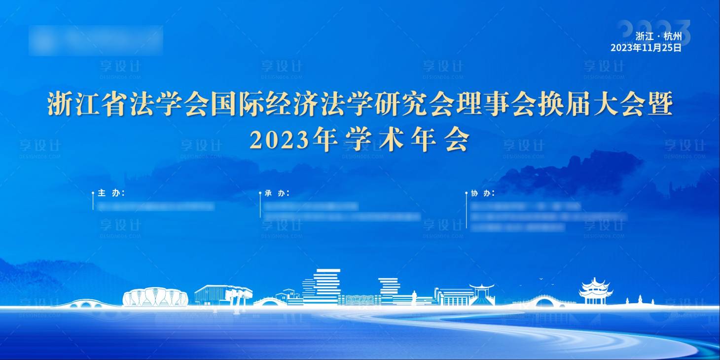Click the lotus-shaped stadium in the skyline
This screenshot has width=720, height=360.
click(x=155, y=297)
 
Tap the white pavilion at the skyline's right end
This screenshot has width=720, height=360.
click(x=595, y=291)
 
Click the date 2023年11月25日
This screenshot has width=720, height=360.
click(x=646, y=48)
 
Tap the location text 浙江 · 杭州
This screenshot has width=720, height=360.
click(x=658, y=36)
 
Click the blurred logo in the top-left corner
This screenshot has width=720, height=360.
click(x=96, y=40)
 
